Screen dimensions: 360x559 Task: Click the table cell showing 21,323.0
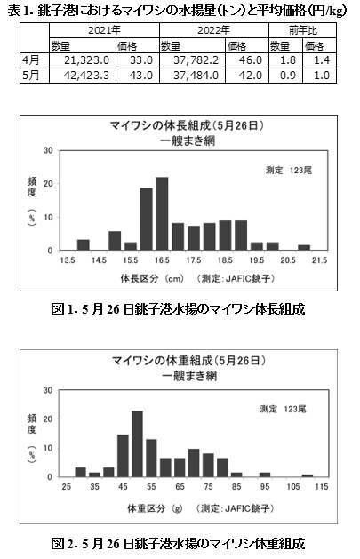[x=83, y=60]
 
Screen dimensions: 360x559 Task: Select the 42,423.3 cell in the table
[x=83, y=76]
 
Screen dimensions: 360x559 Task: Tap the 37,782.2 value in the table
[x=193, y=60]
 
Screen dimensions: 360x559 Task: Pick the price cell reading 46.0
[x=247, y=60]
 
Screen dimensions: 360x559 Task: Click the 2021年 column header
[x=104, y=30]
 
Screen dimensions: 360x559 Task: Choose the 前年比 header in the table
[x=302, y=30]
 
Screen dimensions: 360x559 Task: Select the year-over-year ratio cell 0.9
[x=285, y=76]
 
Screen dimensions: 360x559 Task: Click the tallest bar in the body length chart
[x=162, y=213]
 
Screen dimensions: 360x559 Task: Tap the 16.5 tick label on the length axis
[x=162, y=260]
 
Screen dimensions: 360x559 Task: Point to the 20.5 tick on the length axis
[x=288, y=260]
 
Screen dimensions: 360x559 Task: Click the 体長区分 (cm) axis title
[x=152, y=278]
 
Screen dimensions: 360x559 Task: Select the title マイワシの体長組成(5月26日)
[x=188, y=125]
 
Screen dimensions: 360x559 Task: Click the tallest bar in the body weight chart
[x=137, y=443]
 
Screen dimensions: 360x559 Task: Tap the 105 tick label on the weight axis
[x=293, y=487]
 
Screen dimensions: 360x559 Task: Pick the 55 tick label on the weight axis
[x=151, y=487]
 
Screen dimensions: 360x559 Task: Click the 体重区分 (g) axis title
[x=155, y=508]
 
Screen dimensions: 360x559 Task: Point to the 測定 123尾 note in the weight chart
[x=283, y=409]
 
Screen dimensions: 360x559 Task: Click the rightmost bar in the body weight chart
[x=308, y=475]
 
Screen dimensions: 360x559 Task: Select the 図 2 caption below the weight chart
[x=178, y=544]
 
